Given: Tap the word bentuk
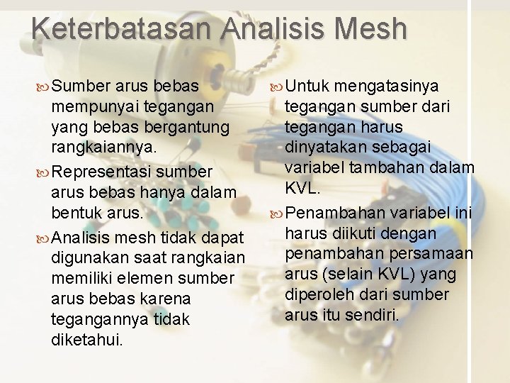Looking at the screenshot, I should click(76, 213).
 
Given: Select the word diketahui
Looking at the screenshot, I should click(87, 340).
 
